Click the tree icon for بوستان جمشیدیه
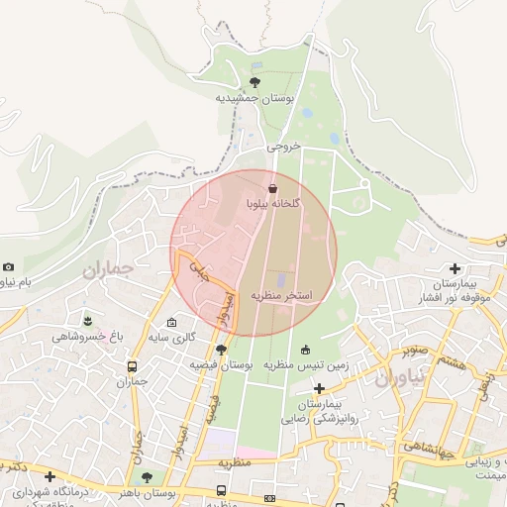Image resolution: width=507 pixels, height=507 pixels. [x=255, y=82]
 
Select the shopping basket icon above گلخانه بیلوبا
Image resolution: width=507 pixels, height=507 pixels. [x=273, y=187]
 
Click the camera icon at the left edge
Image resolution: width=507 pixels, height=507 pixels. [x=9, y=266]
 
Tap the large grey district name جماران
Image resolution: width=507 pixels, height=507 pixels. [x=108, y=269]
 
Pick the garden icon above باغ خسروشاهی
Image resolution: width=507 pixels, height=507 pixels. [x=89, y=321]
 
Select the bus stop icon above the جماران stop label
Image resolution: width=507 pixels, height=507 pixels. [x=133, y=364]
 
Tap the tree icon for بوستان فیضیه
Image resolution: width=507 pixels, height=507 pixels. [x=221, y=349]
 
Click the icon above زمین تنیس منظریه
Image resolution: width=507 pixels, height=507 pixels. [x=305, y=349]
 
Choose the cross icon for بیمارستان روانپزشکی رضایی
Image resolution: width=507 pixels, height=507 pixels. [x=319, y=388]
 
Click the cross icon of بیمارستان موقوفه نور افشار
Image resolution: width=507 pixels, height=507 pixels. [x=455, y=268]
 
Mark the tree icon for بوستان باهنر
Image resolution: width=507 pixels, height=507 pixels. [x=147, y=477]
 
